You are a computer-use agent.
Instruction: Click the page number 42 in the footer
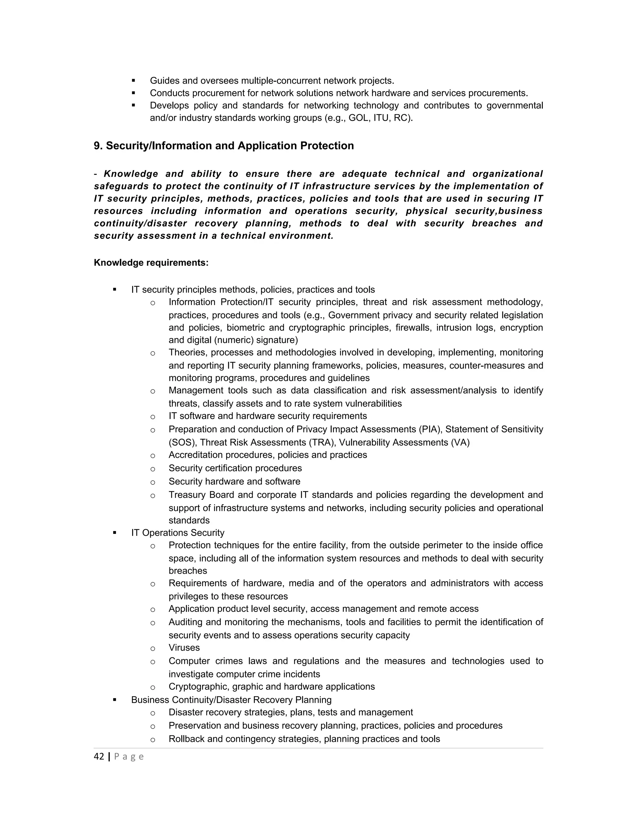pos(99,757)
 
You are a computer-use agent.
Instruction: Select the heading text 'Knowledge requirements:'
pos(151,263)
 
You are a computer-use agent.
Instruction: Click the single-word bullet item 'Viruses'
pos(184,648)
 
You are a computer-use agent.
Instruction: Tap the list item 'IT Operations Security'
pos(178,533)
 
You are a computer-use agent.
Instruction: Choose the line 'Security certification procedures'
pos(235,468)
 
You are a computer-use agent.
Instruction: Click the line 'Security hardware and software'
pos(234,481)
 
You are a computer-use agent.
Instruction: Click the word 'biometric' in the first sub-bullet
pos(245,327)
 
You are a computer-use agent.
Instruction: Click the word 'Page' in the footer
pos(129,757)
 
